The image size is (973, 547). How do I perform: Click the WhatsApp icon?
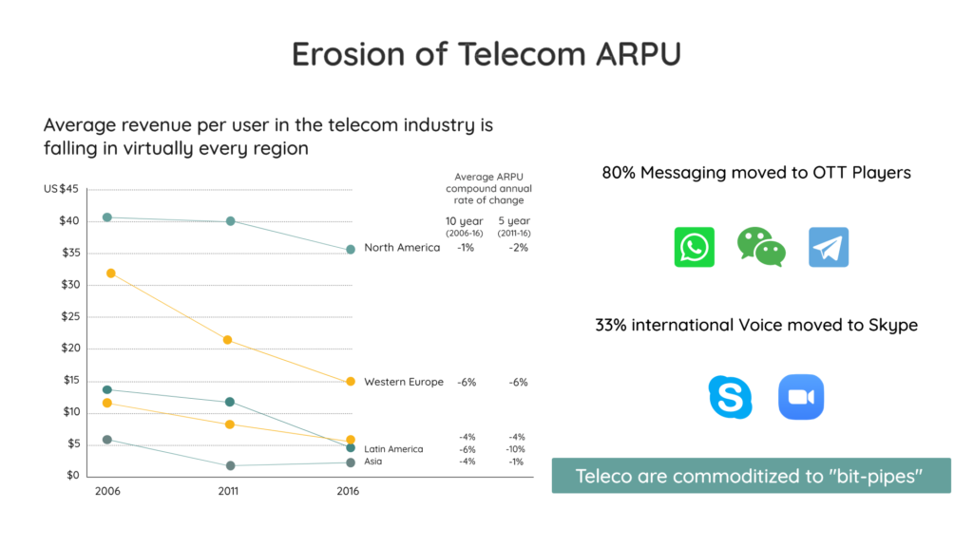tap(694, 247)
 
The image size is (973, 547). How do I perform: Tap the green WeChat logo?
tap(761, 247)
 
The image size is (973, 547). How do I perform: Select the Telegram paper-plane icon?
tap(829, 247)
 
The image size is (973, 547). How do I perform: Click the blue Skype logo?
tap(731, 397)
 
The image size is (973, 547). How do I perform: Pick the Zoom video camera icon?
tap(801, 397)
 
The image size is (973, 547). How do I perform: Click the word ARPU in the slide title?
tap(639, 54)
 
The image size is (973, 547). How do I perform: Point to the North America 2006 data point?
tap(107, 217)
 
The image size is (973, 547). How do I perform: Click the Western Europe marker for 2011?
tap(227, 340)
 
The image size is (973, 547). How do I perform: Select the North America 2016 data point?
tap(351, 250)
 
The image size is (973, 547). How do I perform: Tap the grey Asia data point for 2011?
tap(230, 465)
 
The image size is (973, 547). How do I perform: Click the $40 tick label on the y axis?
tap(68, 220)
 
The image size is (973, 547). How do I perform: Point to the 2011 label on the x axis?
tap(228, 491)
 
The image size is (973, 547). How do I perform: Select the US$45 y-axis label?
tap(61, 189)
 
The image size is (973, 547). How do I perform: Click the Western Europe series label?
tap(403, 382)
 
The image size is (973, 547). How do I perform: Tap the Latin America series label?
tap(393, 449)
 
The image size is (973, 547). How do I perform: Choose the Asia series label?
tap(372, 462)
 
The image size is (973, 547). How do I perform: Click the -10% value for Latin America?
tap(515, 449)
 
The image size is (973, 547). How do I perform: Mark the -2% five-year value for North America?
tap(518, 248)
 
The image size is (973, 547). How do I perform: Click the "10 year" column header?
tap(464, 221)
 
